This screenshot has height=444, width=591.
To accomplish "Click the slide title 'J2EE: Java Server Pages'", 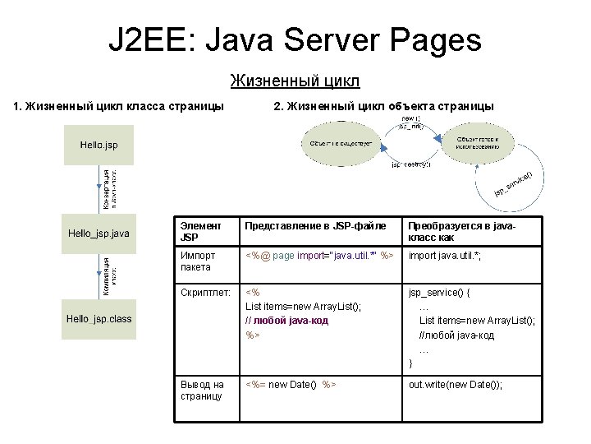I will (295, 39).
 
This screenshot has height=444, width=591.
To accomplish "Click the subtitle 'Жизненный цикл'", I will (295, 81).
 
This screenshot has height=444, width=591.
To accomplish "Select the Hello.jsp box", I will (98, 145).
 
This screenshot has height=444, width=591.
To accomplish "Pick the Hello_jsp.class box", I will (98, 319).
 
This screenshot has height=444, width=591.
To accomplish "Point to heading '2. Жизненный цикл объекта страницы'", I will (383, 106).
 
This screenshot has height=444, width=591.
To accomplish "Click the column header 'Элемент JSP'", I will (201, 231).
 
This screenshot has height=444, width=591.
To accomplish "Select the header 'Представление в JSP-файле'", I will (317, 225).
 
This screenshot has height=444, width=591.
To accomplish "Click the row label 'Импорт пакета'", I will (197, 261).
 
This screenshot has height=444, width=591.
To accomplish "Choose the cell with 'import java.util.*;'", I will (445, 256).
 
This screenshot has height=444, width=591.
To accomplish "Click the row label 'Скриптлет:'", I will (204, 291).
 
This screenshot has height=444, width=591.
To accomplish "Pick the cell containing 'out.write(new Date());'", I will (456, 384).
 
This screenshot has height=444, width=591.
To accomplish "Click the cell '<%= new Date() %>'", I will (292, 384).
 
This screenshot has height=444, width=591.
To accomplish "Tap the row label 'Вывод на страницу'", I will (202, 390).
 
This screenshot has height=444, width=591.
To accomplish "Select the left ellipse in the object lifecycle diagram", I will (341, 144).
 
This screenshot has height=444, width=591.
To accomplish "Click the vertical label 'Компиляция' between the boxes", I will (105, 275).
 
